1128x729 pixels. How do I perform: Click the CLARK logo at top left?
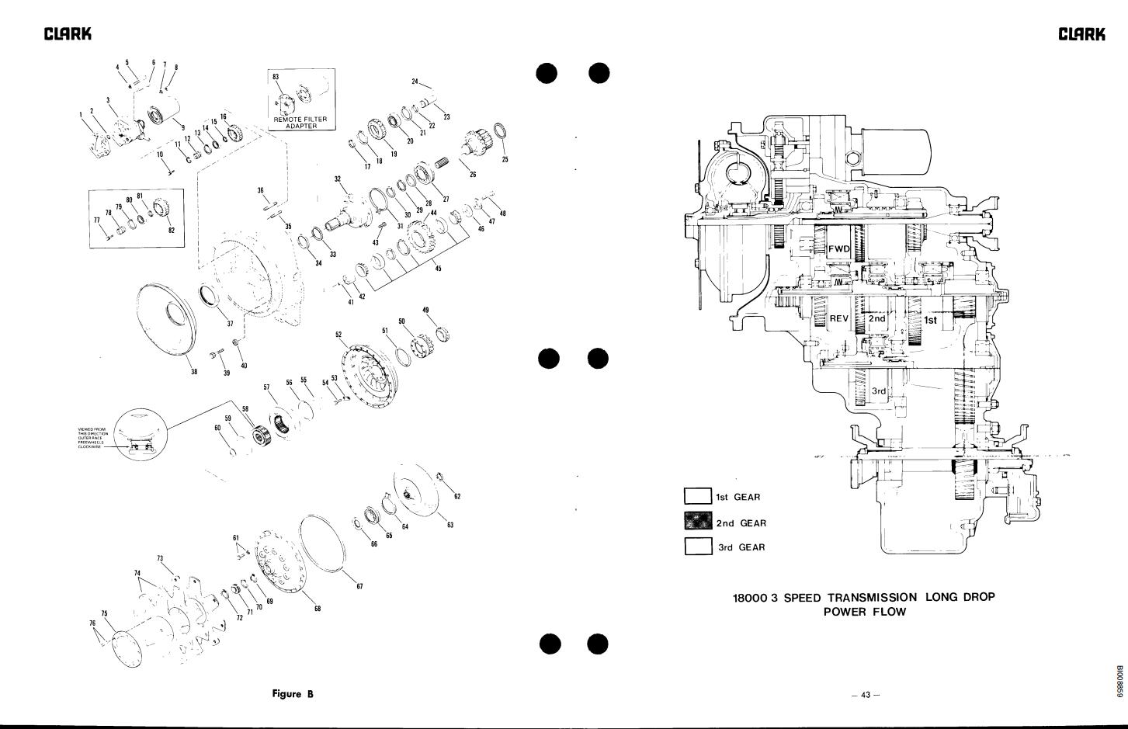click(x=68, y=33)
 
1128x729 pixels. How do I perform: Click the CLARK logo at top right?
click(x=1082, y=33)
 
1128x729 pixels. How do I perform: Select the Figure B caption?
click(x=293, y=693)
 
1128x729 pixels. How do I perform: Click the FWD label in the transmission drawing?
click(x=839, y=249)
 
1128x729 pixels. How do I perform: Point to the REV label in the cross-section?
click(x=839, y=318)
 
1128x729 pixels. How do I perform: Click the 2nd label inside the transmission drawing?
click(x=876, y=318)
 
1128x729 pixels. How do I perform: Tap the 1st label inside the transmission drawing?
click(x=930, y=320)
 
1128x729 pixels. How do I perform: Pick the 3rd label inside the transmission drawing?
click(x=878, y=391)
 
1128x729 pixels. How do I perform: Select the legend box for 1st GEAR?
click(x=698, y=497)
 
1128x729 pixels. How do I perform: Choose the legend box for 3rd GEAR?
click(x=698, y=547)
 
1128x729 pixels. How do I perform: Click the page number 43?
click(x=866, y=695)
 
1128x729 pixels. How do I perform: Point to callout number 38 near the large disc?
click(x=194, y=371)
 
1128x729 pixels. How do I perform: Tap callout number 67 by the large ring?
click(x=359, y=586)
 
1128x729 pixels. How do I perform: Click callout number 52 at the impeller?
click(x=338, y=335)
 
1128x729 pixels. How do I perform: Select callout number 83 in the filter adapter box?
click(x=275, y=77)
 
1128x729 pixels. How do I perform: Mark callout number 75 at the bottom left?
click(x=105, y=613)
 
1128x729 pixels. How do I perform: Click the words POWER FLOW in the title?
click(x=864, y=612)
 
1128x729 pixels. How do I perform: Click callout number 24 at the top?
click(x=415, y=81)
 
